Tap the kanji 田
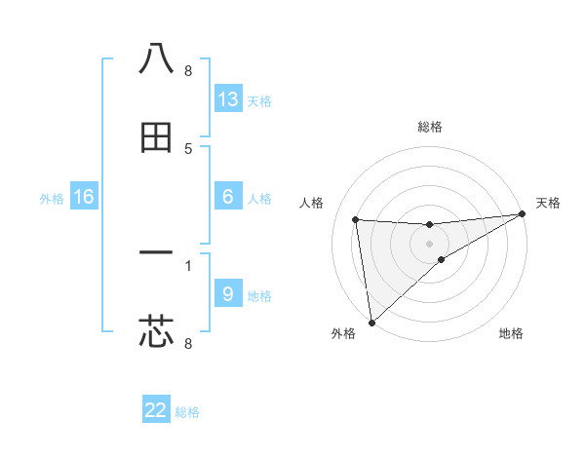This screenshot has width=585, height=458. click(x=156, y=138)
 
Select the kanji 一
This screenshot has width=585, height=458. click(x=156, y=253)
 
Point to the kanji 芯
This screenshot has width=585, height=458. click(x=156, y=331)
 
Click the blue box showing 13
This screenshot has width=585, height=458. click(x=227, y=99)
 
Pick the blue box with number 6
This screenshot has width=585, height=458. click(x=227, y=197)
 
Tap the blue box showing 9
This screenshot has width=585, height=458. click(x=227, y=293)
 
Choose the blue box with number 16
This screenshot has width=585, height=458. click(x=84, y=197)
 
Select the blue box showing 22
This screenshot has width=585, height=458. click(x=156, y=410)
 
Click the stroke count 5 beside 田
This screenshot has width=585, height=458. click(x=188, y=149)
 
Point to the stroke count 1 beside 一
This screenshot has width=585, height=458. click(x=188, y=263)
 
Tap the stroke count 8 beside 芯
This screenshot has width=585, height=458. click(x=188, y=343)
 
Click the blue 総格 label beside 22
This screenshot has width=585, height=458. click(x=187, y=412)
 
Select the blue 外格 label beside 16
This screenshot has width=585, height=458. click(x=52, y=199)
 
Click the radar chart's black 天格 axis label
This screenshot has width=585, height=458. click(x=548, y=203)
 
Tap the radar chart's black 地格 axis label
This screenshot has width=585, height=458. click(x=511, y=334)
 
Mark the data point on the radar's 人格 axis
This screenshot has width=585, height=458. click(x=356, y=218)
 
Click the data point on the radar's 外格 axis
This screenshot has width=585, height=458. click(x=370, y=322)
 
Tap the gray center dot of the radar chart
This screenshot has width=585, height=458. click(x=429, y=244)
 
